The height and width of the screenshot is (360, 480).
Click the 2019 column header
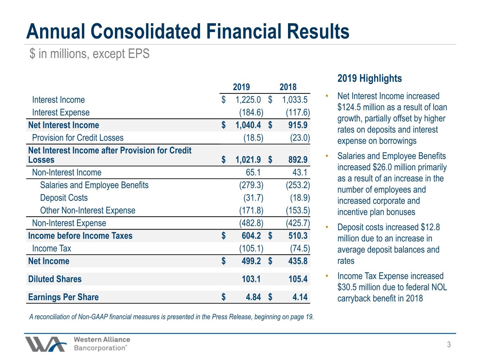point(241,87)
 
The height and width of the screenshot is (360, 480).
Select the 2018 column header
point(288,87)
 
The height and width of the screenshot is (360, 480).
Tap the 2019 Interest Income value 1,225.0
point(248,100)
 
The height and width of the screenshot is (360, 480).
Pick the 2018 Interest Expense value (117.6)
point(298,112)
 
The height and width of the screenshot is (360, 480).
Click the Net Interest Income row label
point(64,125)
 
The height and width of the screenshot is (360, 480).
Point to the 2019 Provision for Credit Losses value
point(254,138)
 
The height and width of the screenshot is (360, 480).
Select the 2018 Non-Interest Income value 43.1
point(300,173)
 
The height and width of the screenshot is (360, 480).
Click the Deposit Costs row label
point(64,198)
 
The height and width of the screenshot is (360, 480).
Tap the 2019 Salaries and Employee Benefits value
point(251,185)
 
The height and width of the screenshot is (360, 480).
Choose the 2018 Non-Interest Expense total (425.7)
point(298,223)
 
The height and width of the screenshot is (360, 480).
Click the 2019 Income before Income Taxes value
point(251,236)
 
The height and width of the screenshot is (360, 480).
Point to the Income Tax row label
point(52,249)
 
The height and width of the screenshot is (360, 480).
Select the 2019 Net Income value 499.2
point(251,261)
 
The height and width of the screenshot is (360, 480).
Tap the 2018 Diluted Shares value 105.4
point(298,279)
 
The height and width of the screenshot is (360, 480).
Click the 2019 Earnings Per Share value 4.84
point(253,297)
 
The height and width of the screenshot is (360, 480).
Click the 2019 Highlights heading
point(370,78)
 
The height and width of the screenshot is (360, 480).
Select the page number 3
point(449,345)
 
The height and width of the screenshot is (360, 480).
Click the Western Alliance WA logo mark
point(46,344)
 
